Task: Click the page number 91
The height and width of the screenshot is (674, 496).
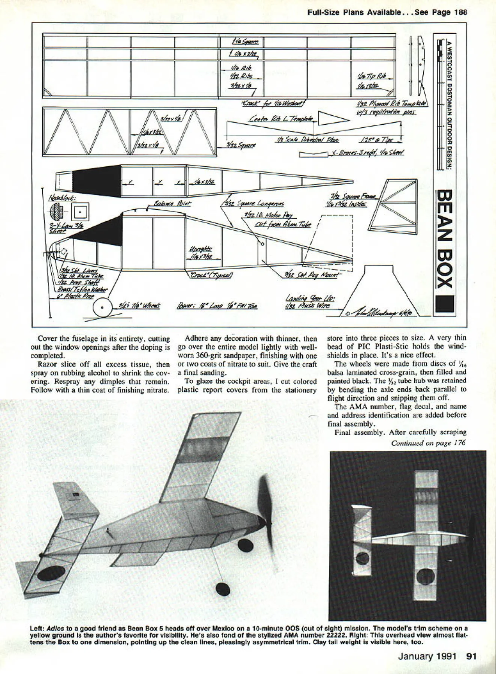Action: click(x=471, y=656)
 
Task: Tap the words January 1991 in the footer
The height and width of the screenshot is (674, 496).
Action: click(x=427, y=656)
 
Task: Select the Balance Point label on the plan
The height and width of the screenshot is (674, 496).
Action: click(x=172, y=203)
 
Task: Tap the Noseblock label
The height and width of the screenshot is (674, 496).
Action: click(x=63, y=198)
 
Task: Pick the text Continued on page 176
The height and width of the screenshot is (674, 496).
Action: click(x=428, y=443)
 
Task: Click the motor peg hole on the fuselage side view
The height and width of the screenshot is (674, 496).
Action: click(x=262, y=244)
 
